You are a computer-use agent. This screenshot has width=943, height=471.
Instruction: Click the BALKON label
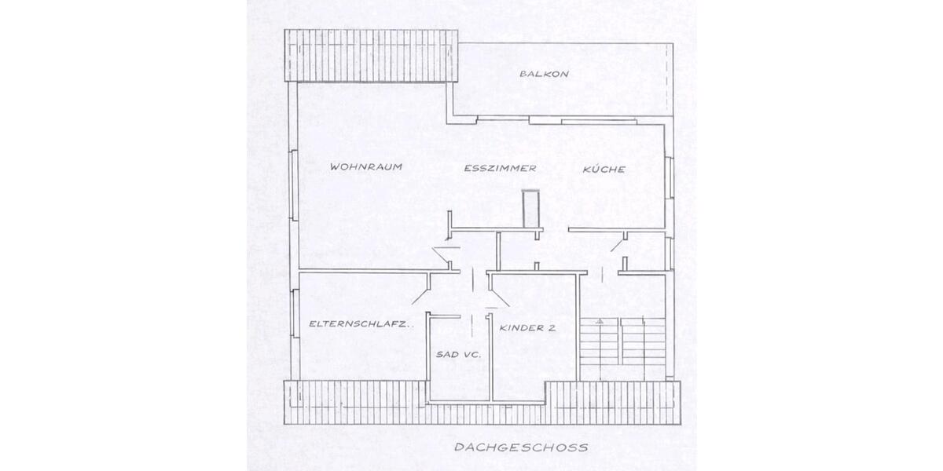[544, 74]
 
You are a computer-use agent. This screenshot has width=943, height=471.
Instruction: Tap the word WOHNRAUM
[361, 167]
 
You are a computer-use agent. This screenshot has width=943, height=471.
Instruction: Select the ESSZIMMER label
[500, 168]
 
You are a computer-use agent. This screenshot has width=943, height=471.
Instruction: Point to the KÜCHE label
[604, 169]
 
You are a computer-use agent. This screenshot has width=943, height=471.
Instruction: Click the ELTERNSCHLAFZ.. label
[361, 323]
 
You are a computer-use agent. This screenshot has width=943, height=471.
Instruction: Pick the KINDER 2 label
[528, 329]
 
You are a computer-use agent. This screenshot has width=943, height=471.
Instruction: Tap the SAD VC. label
[458, 355]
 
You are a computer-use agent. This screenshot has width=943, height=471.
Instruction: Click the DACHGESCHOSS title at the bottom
[521, 448]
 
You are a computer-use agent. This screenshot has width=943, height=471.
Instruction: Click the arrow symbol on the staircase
[599, 322]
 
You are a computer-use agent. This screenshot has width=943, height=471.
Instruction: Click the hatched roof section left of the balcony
[370, 55]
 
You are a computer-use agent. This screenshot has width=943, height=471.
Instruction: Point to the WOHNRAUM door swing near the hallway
[444, 256]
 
